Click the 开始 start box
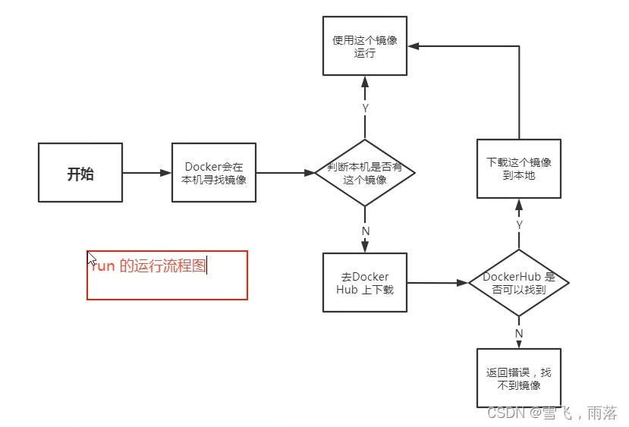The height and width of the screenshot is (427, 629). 80,173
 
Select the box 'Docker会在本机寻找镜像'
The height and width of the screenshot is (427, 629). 214,173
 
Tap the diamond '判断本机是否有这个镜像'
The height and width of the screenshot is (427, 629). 365,173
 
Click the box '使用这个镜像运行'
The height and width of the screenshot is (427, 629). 365,46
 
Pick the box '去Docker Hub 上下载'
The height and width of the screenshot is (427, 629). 365,283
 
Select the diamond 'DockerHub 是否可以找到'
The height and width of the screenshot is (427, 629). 519,283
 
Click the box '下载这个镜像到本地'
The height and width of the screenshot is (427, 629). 519,168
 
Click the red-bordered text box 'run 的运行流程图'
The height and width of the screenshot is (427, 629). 167,275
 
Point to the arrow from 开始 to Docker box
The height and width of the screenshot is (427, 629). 147,173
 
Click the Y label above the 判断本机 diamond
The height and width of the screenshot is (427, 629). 365,108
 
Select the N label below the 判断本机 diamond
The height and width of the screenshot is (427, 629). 365,231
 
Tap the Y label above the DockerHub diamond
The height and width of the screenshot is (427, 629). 519,225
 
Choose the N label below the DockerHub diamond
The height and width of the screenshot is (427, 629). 519,333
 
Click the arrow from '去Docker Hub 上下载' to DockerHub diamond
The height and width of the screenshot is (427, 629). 437,283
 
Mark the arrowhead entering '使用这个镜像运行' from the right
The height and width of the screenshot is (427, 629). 414,46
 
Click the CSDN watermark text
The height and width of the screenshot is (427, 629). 552,413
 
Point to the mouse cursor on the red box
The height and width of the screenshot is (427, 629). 91,258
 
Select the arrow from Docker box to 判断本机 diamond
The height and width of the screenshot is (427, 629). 281,173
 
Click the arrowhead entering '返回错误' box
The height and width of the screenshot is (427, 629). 519,344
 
